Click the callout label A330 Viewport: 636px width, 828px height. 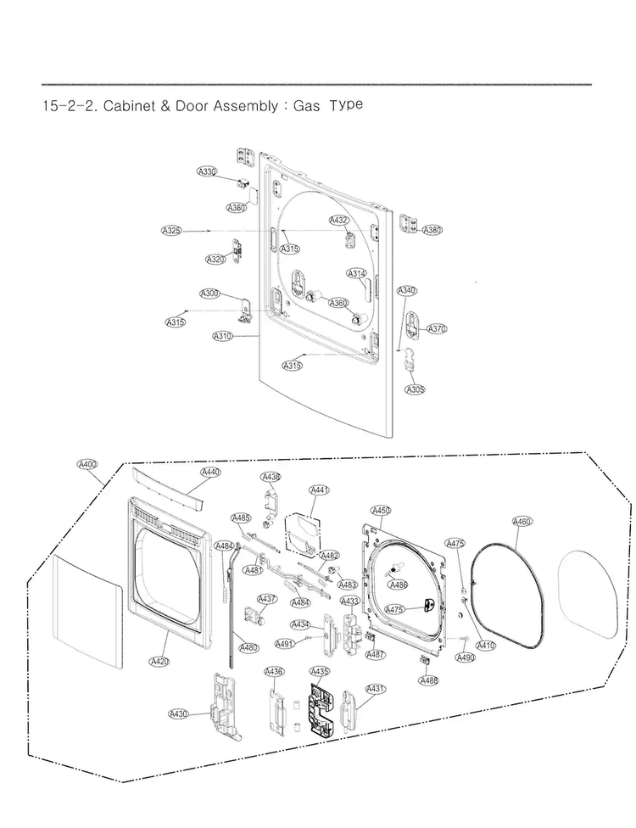point(207,171)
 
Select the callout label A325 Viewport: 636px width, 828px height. point(171,231)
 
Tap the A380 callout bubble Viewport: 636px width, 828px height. point(432,230)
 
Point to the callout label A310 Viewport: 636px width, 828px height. point(222,336)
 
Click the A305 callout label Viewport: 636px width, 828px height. point(415,389)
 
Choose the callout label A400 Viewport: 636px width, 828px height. point(87,464)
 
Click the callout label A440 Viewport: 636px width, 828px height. point(211,472)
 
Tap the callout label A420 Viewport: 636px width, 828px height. point(159,661)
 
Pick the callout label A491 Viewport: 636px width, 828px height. point(285,644)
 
